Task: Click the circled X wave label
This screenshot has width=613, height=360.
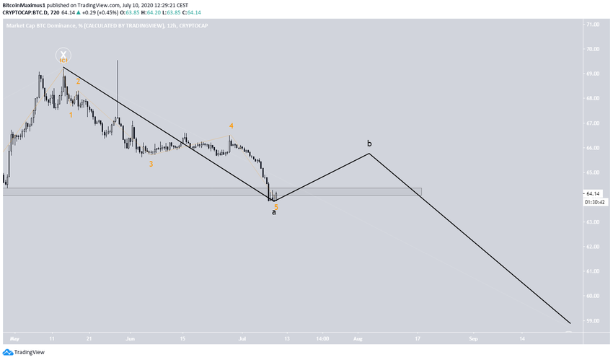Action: click(x=63, y=55)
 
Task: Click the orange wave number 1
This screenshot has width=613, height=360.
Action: click(x=71, y=115)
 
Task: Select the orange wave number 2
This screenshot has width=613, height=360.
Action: click(x=79, y=82)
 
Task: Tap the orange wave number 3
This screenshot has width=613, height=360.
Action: click(x=151, y=164)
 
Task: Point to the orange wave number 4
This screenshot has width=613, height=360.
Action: click(x=231, y=126)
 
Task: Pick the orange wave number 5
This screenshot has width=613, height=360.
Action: click(x=276, y=207)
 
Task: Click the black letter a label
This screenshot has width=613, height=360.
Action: click(x=273, y=212)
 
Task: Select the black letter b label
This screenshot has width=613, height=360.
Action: click(x=369, y=143)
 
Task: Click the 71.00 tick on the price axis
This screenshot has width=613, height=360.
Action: click(x=593, y=25)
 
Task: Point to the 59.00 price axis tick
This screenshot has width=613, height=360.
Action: click(x=593, y=320)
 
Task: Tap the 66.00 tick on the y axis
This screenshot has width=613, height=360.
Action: click(x=593, y=148)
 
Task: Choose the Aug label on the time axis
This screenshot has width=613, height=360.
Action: click(x=358, y=337)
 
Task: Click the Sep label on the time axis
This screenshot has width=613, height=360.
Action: click(x=473, y=337)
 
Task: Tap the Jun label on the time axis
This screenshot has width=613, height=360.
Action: click(x=131, y=337)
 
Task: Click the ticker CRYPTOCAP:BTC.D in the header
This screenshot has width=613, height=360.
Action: click(x=27, y=12)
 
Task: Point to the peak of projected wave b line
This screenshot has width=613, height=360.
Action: click(x=369, y=153)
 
